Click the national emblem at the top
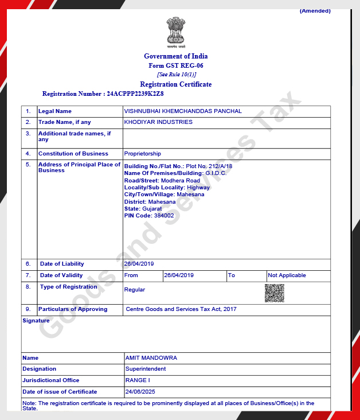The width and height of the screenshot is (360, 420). [x=176, y=32]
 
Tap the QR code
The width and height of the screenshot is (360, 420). [x=275, y=293]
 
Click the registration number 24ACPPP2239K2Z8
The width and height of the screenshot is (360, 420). [x=135, y=93]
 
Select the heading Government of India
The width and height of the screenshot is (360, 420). [x=176, y=56]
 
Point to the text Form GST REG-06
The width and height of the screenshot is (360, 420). [x=176, y=65]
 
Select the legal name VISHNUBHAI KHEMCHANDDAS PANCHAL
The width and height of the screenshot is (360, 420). [x=183, y=111]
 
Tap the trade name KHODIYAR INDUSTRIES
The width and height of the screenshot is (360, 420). [x=158, y=122]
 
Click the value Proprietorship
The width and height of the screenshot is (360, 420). [x=143, y=154]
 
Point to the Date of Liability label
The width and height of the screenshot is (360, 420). [x=62, y=264]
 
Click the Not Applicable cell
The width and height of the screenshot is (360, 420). [x=287, y=275]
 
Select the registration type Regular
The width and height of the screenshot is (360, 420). [x=135, y=290]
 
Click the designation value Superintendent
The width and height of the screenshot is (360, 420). [x=146, y=369]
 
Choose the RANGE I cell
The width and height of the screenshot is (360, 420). [x=138, y=380]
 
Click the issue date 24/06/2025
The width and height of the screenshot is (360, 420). [x=140, y=392]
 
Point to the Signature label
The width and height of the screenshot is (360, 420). [x=36, y=321]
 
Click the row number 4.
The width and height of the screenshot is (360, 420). [x=28, y=154]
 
